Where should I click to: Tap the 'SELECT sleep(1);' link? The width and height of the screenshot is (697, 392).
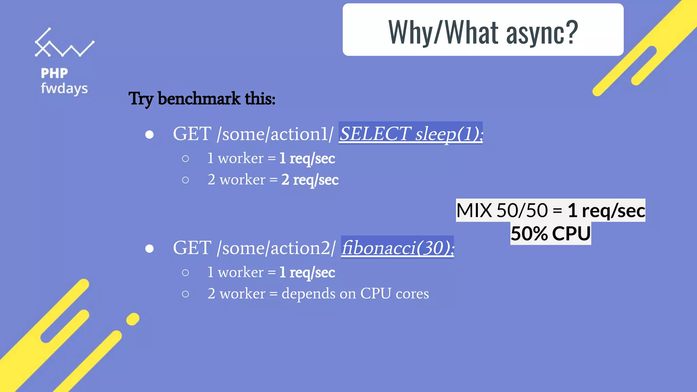[411, 133]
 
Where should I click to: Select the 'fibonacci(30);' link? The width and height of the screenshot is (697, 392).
[398, 247]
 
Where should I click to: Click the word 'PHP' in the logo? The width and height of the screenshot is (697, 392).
[54, 73]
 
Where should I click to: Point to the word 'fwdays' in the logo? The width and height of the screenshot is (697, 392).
[64, 88]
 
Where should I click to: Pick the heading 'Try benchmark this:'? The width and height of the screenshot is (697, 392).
[202, 99]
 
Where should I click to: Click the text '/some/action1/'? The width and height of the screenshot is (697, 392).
[275, 134]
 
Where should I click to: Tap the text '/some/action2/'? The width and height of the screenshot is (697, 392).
[276, 248]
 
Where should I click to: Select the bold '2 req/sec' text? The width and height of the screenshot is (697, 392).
[310, 180]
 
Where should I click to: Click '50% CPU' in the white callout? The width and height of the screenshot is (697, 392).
[551, 234]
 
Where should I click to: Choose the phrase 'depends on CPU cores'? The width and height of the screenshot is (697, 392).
[355, 293]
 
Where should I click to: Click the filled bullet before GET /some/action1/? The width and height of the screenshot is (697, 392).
[149, 135]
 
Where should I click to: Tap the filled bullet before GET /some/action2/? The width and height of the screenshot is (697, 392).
[149, 249]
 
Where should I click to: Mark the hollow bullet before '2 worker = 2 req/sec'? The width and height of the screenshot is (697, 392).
[185, 180]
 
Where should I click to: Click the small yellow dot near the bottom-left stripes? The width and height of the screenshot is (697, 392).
[133, 319]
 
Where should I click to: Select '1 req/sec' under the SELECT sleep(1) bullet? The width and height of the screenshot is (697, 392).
[307, 159]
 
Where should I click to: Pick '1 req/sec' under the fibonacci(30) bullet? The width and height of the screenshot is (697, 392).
[307, 273]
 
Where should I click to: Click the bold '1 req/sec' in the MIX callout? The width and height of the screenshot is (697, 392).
[606, 210]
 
